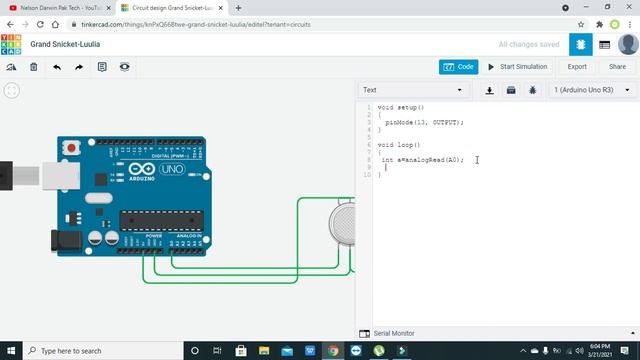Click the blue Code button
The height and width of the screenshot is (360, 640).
[459, 67]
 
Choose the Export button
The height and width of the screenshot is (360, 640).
[577, 67]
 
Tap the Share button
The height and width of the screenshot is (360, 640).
[617, 67]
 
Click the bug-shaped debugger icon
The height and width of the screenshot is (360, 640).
[532, 90]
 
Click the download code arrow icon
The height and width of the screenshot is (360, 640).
[490, 90]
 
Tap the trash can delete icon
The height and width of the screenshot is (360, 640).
[34, 67]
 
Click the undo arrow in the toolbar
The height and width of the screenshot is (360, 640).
[57, 67]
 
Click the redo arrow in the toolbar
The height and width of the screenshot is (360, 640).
[79, 67]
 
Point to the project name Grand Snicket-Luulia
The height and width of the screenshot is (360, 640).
[65, 44]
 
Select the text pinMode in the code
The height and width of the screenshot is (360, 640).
[399, 122]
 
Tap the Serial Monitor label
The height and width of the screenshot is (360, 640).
[394, 333]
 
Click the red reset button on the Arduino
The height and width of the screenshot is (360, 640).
[71, 148]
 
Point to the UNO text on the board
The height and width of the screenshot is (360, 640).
[172, 169]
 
